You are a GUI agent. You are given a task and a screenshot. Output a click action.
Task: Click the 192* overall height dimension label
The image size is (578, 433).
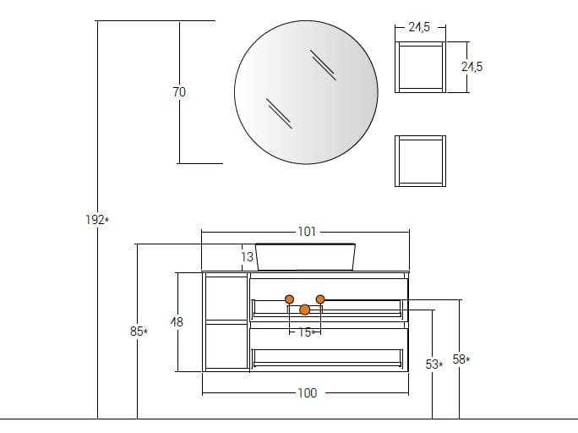click(97, 220)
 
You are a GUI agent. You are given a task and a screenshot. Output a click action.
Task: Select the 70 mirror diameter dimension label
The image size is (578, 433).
click(179, 92)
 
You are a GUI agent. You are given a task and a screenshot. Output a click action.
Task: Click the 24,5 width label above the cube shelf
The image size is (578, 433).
click(419, 27)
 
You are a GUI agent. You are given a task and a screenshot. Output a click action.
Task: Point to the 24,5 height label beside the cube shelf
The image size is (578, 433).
click(472, 67)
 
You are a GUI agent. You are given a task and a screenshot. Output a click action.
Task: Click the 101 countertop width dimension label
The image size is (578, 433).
click(307, 232)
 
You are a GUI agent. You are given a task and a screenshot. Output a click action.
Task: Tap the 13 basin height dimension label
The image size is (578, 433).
click(248, 257)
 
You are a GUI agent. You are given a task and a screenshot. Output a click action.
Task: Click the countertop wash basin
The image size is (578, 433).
click(306, 257)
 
